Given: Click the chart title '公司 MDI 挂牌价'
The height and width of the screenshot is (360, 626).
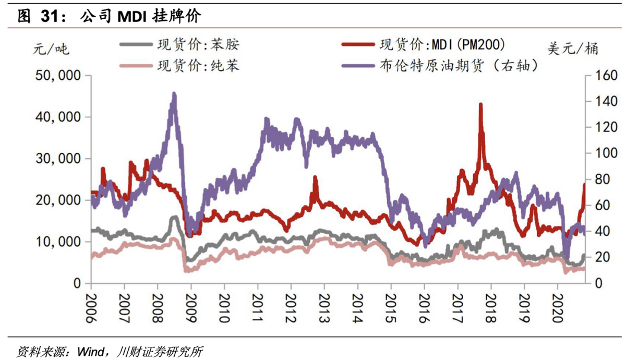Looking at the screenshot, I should [x=140, y=17].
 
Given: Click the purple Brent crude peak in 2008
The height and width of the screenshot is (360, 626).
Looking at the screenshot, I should [x=174, y=94].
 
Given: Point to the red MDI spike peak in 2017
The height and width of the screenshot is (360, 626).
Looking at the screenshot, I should [x=480, y=105].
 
